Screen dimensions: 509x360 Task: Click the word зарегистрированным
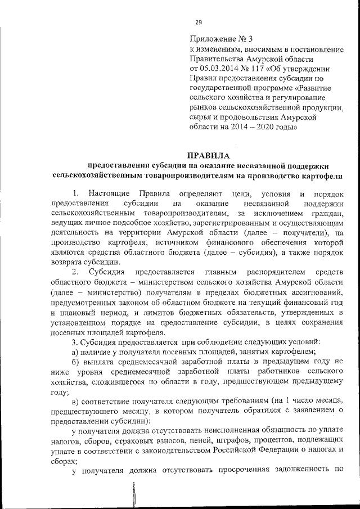(x=236, y=224)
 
